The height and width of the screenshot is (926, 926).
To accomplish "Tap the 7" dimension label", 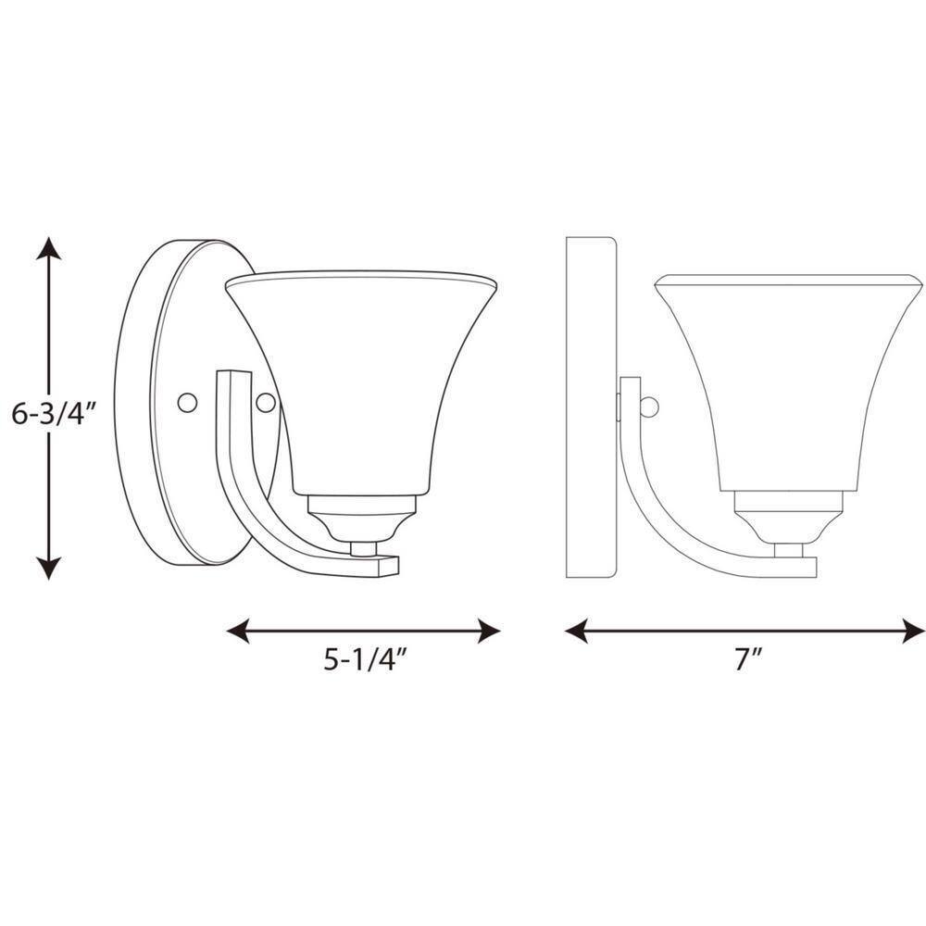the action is click(x=749, y=658).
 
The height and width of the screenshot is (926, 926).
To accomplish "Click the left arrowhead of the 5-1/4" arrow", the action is click(x=239, y=631).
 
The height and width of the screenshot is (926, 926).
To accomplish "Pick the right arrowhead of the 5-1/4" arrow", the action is click(x=489, y=631).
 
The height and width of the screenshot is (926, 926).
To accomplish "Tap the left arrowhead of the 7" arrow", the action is click(x=576, y=631).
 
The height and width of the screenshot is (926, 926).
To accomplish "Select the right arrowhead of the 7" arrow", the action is click(x=914, y=631).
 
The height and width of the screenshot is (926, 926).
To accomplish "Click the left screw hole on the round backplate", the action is click(x=187, y=403).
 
